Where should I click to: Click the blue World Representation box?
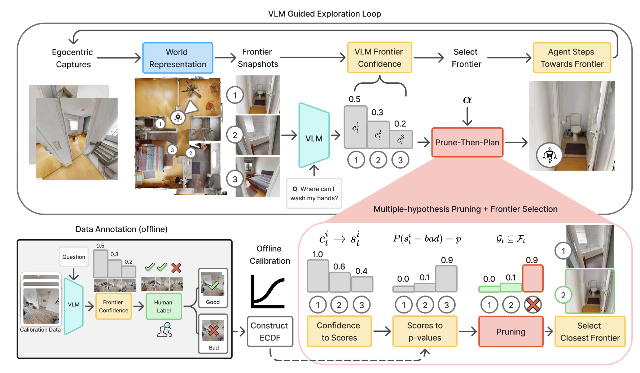coord(177,58)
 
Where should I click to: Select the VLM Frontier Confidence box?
coord(379,58)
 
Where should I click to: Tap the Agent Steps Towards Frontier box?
coord(572,58)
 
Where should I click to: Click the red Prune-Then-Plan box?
coord(467,142)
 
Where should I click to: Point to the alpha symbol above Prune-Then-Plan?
coord(467,100)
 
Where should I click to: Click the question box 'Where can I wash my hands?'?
coord(314,193)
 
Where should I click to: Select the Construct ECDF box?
coord(269,332)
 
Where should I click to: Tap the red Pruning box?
coord(511,332)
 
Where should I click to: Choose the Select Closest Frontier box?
coord(590,332)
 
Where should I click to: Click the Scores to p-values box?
coord(425,332)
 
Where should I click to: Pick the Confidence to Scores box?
coord(339,332)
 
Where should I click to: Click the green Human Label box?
coord(164,306)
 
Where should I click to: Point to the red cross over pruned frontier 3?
coord(532,305)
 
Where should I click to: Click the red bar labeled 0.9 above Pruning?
coord(532,278)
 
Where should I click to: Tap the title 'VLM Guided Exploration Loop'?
coord(324,14)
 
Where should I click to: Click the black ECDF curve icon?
coord(267,291)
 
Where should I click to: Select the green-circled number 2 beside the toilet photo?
coord(563,295)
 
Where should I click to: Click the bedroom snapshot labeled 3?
coord(258,177)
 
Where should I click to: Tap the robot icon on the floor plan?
coord(178,117)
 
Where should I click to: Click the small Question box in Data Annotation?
coord(74,257)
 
